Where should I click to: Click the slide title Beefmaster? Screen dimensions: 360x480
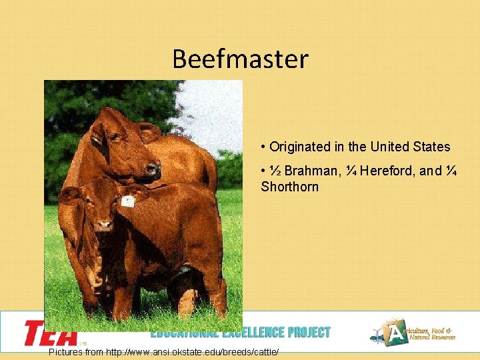(x=240, y=59)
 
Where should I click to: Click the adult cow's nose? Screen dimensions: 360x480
(x=154, y=171)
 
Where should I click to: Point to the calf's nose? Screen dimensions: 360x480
(x=103, y=226)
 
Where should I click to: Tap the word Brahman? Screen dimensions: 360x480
(x=313, y=171)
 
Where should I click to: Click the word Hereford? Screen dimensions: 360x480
(x=387, y=171)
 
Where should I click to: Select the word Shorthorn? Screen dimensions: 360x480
(x=290, y=187)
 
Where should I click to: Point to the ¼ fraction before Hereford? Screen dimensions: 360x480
(x=351, y=171)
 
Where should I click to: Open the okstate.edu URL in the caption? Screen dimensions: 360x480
(x=193, y=351)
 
